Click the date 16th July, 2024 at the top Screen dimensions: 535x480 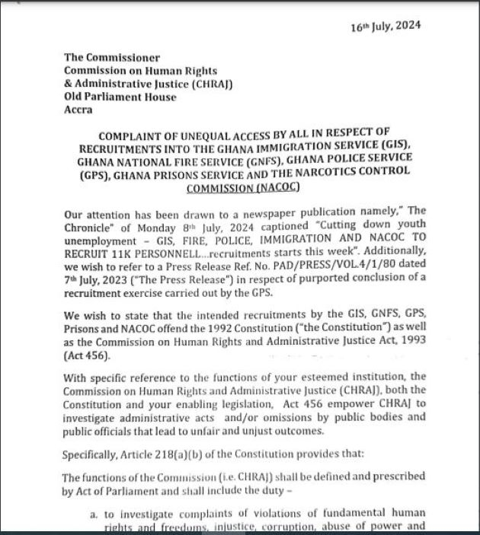pyautogui.click(x=386, y=27)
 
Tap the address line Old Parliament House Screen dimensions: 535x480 pyautogui.click(x=120, y=97)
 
